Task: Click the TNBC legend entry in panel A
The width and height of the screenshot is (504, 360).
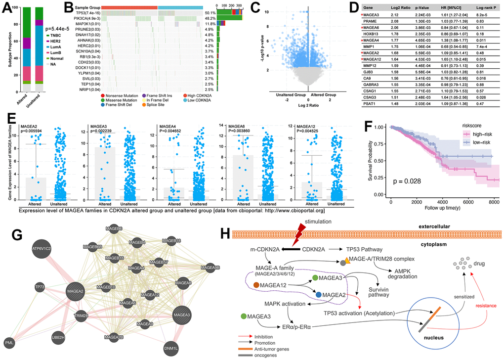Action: (53, 35)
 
